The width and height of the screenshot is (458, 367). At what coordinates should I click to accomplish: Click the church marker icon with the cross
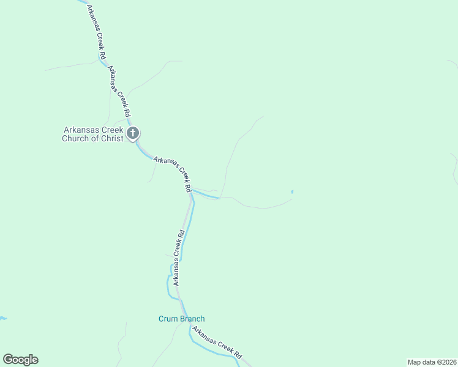pos(133,133)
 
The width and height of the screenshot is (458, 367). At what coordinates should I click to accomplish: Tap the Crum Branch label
pos(181,319)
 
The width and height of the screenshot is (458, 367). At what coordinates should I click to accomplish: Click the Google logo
pos(20,360)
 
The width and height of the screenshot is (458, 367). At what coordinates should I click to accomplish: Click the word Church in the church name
pos(77,138)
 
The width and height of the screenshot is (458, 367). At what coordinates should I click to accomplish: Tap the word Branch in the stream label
pos(192,319)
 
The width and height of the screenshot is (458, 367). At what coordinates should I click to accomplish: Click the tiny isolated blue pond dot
pos(292,192)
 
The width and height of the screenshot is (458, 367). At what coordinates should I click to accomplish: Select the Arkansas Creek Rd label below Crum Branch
pos(217,343)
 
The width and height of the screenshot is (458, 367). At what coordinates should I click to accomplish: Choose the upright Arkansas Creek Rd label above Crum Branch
pos(178,258)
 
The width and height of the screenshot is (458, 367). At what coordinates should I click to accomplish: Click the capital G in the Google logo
pos(8,360)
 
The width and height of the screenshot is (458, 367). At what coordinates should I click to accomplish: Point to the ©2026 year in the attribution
pos(445,362)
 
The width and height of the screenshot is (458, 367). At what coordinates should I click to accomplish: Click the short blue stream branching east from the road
pos(206,195)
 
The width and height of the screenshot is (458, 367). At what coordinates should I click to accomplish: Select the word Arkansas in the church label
pos(80,130)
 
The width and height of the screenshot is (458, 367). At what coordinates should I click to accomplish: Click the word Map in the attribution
pos(415,362)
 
